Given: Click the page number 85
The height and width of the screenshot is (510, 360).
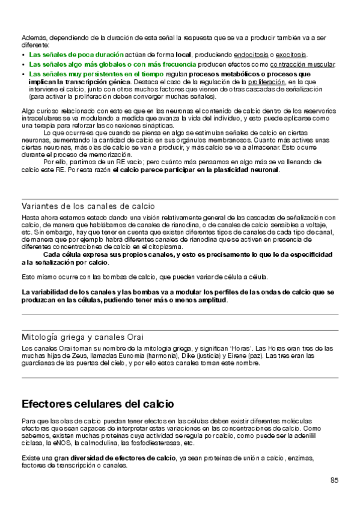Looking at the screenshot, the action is (x=334, y=480).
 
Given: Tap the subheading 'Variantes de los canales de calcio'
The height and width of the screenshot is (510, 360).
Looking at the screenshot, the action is (x=88, y=206).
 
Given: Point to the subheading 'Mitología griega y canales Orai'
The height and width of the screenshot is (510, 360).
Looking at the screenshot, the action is (x=82, y=337).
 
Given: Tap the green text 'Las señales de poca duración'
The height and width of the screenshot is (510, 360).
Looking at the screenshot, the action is (x=76, y=54).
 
